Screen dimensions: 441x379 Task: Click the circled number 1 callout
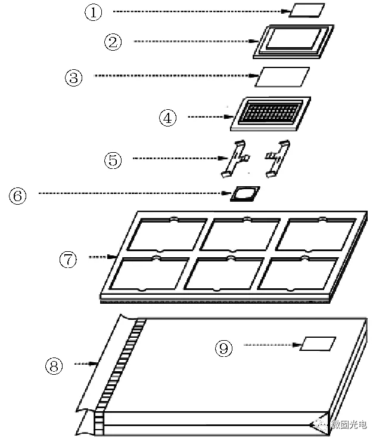(94, 13)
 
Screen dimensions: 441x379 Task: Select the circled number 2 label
(113, 41)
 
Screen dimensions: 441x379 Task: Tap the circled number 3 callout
(74, 76)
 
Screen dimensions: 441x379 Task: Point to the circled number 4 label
(167, 118)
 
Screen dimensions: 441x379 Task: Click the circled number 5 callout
(113, 159)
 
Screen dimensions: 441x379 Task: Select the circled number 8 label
(54, 366)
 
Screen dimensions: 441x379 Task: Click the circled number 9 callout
(224, 349)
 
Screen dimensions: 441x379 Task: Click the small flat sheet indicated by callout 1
(307, 11)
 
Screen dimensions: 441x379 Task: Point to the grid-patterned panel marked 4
(271, 113)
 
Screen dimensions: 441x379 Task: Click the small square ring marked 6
(245, 194)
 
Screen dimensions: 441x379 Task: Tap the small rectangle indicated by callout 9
(318, 343)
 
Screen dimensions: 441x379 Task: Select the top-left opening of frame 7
(163, 234)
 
